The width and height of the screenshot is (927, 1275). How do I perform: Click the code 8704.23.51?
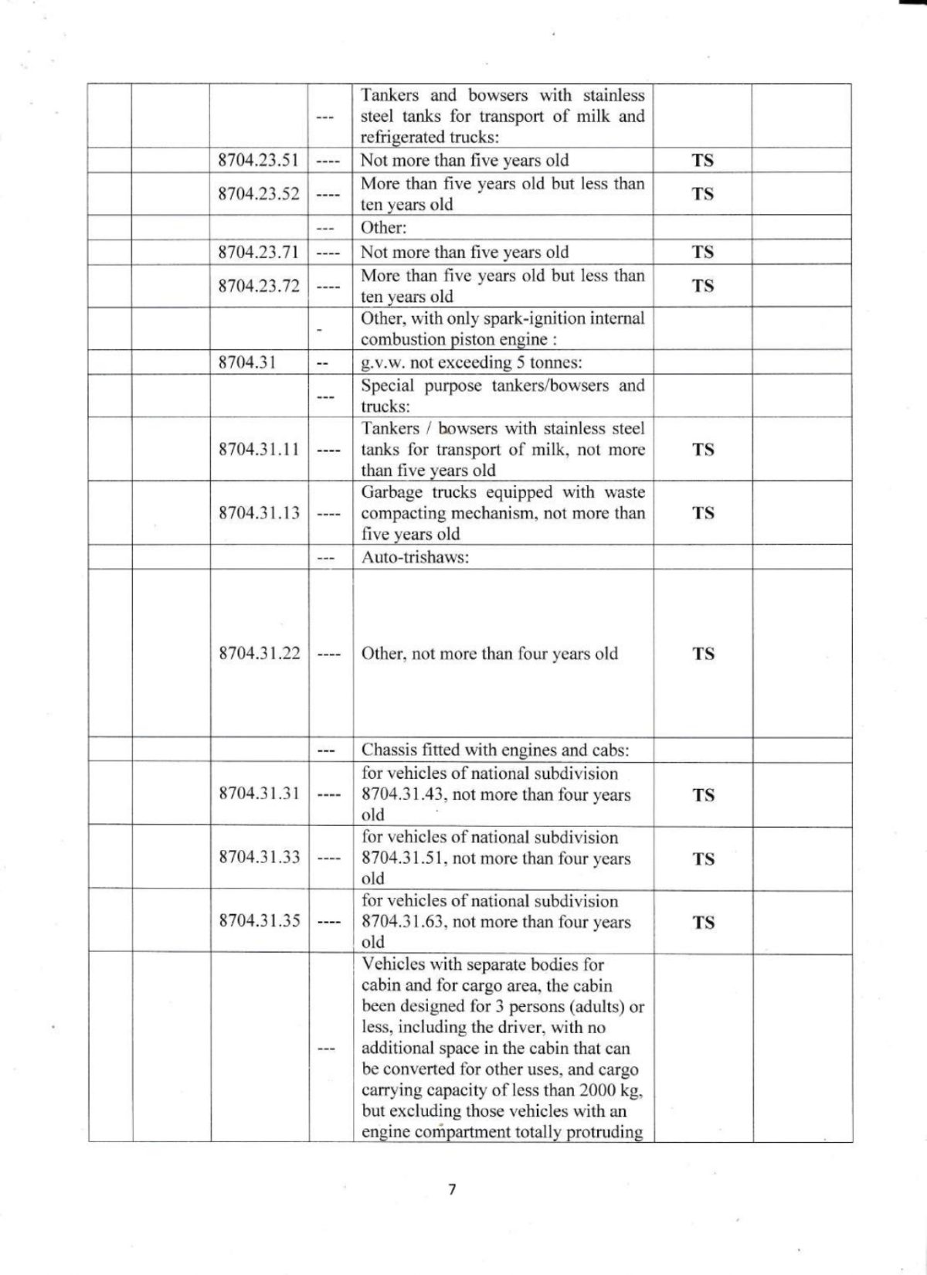(x=258, y=161)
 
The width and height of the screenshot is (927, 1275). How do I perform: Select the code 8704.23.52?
(x=258, y=194)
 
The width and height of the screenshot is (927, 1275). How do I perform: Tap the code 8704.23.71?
(x=258, y=253)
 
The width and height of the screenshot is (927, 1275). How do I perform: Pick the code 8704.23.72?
(x=258, y=286)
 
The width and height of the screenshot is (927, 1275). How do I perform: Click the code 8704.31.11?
(x=259, y=450)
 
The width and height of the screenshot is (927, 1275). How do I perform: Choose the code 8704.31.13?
(x=259, y=513)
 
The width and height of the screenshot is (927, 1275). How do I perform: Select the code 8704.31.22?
(x=259, y=654)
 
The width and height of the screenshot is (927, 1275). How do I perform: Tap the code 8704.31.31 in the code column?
(x=259, y=794)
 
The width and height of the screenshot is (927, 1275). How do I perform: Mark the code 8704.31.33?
(x=259, y=857)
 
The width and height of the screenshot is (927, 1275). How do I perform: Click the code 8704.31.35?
(x=259, y=921)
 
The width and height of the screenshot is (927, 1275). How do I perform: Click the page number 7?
(x=452, y=1189)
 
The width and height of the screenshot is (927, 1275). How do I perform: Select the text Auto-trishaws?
(x=415, y=557)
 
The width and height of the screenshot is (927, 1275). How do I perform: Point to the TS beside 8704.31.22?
(x=703, y=654)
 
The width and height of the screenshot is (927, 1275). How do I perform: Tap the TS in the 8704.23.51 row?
(x=702, y=161)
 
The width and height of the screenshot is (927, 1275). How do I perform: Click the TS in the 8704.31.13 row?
(x=703, y=513)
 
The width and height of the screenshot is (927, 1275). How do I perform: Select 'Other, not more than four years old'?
(x=490, y=654)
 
